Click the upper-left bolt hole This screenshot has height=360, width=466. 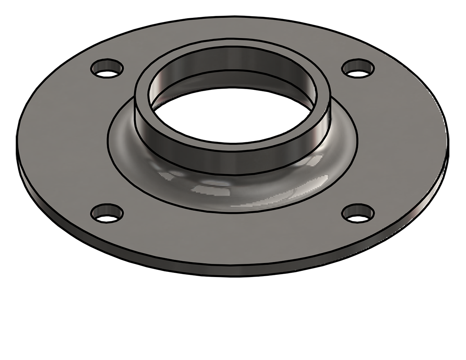tap(107, 68)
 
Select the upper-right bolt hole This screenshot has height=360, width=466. tap(358, 68)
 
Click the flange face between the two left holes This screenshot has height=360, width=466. tap(64, 140)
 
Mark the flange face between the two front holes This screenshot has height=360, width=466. tap(232, 237)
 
